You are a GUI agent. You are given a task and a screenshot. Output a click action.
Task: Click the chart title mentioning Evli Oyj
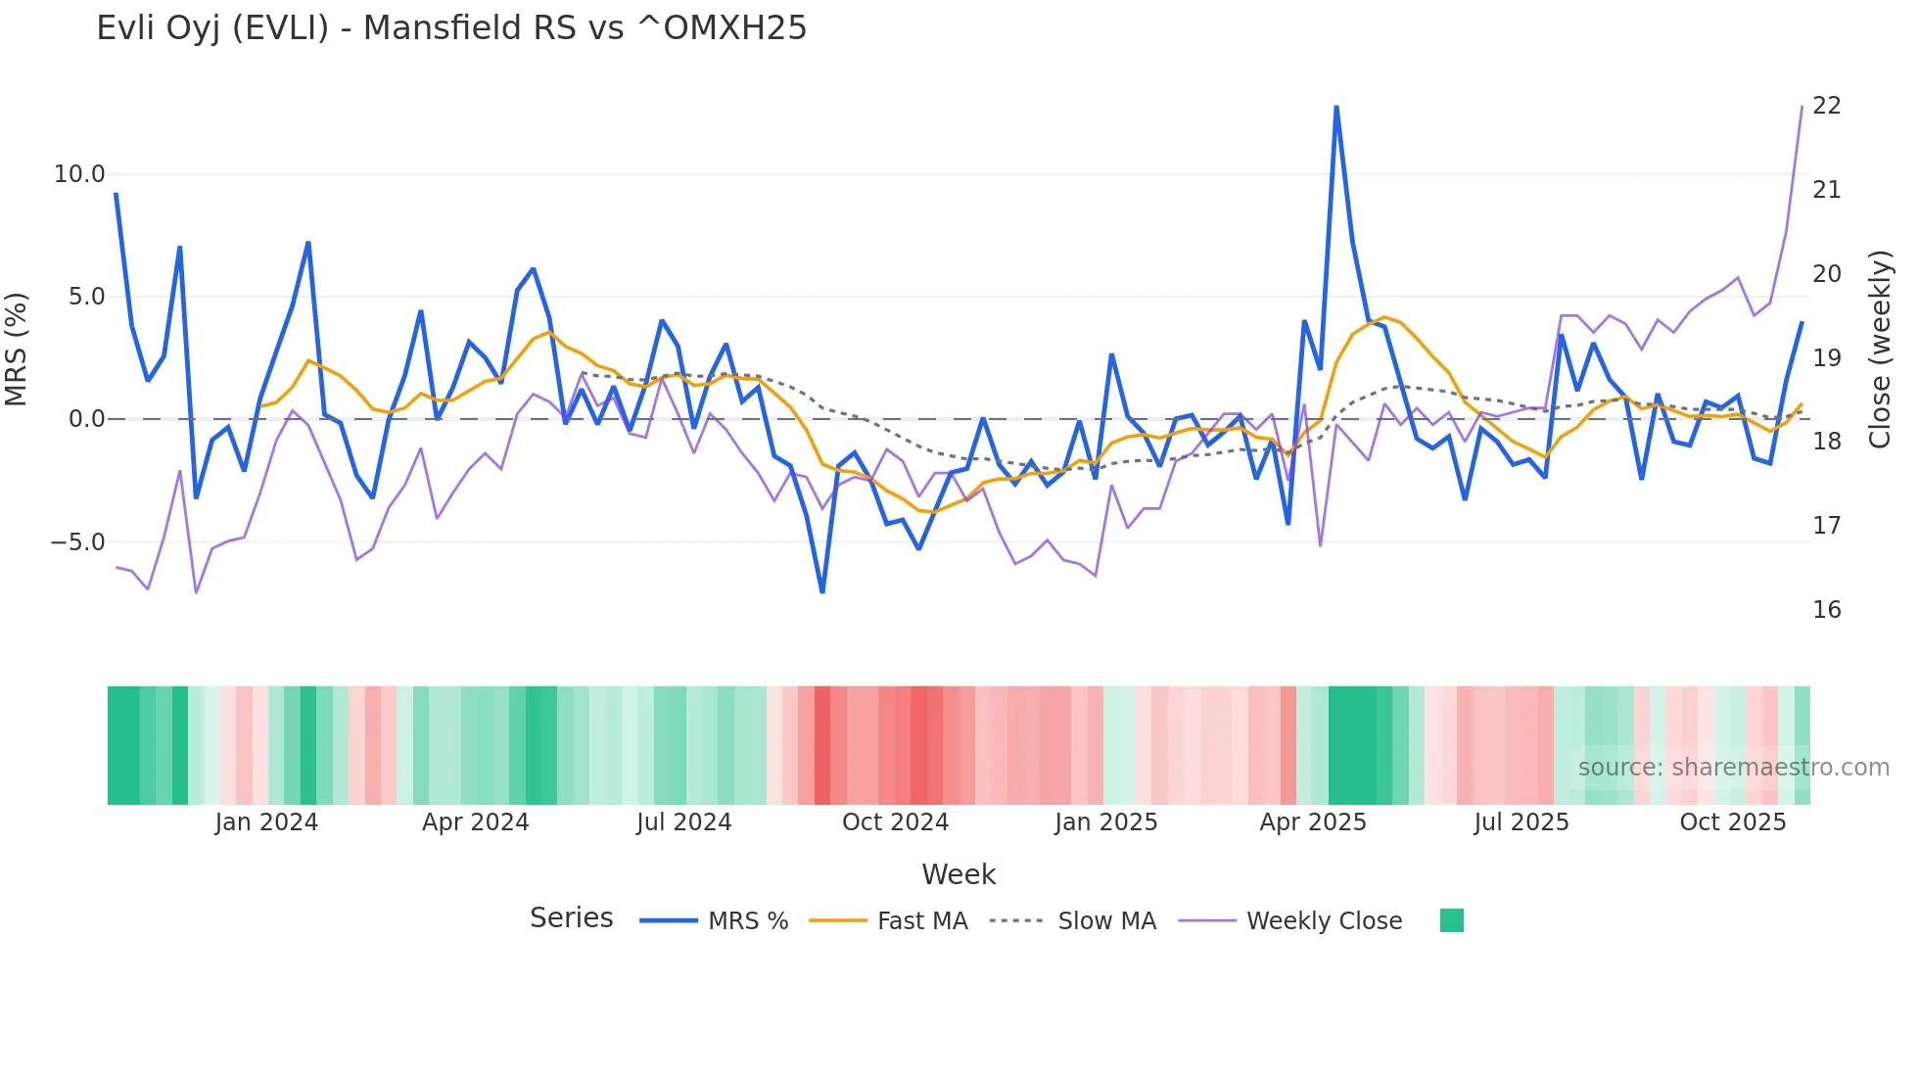(x=451, y=28)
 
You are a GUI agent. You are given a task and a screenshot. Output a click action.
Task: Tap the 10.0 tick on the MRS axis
(x=79, y=174)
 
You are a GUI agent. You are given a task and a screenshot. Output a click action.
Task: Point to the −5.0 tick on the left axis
(x=77, y=541)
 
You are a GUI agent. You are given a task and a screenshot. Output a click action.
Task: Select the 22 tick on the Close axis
(x=1826, y=106)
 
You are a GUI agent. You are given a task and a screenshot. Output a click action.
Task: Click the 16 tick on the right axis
(x=1826, y=610)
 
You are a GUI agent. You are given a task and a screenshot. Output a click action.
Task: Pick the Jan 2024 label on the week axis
(x=266, y=822)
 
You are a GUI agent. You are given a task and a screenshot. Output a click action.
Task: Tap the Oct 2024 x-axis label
(x=895, y=822)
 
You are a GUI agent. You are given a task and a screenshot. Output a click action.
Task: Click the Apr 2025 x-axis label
(x=1312, y=822)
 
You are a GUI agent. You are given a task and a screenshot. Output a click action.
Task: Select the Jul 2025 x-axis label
(x=1521, y=822)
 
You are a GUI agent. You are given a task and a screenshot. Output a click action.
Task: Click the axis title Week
(x=959, y=874)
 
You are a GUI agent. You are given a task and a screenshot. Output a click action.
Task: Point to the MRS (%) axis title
(x=17, y=349)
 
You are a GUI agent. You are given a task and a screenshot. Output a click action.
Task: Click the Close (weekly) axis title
(x=1879, y=349)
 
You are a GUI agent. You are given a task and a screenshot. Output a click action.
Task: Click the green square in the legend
(x=1452, y=920)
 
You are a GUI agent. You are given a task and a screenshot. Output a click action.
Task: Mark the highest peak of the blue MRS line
(x=1336, y=107)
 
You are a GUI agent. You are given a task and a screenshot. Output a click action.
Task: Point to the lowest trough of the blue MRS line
(x=822, y=591)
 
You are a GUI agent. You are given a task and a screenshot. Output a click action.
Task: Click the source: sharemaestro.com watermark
(x=1733, y=768)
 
